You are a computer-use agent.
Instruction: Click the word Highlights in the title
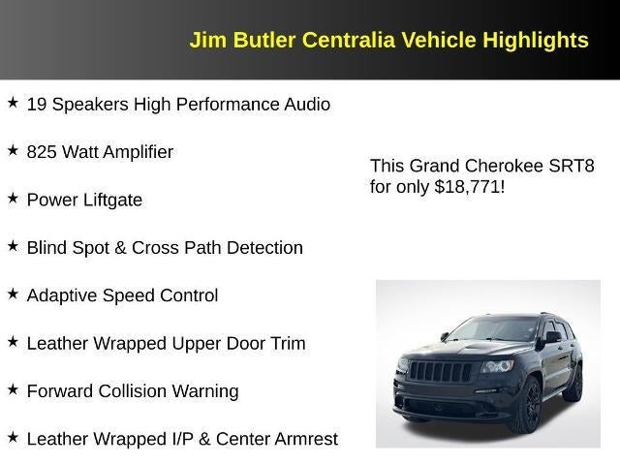(538, 40)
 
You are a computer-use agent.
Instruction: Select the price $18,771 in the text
(469, 186)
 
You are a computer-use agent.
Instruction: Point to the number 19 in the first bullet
(37, 104)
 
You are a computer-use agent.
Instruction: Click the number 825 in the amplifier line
(42, 152)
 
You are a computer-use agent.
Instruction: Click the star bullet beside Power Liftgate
(13, 198)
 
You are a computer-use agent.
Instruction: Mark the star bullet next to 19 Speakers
(13, 102)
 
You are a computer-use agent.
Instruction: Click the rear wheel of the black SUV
(573, 385)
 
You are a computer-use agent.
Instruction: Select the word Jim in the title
(206, 40)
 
